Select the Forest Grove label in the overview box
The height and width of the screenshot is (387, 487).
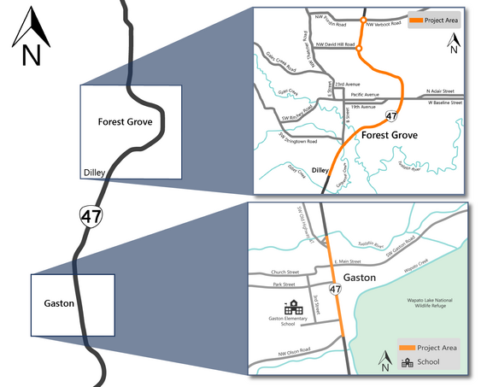pyautogui.click(x=125, y=121)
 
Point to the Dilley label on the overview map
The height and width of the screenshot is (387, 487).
pyautogui.click(x=93, y=174)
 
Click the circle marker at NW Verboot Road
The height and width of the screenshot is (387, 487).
pyautogui.click(x=363, y=20)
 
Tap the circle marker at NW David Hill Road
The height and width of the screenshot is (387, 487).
pyautogui.click(x=359, y=49)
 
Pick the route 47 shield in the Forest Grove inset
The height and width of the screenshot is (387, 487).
pyautogui.click(x=391, y=115)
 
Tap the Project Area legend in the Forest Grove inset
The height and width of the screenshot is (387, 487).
pyautogui.click(x=433, y=19)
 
